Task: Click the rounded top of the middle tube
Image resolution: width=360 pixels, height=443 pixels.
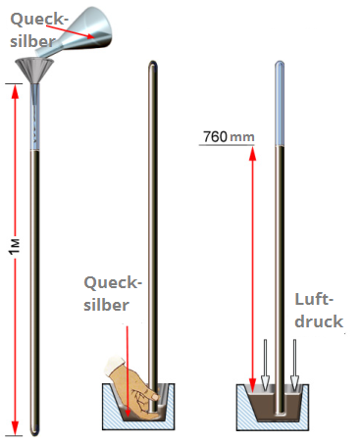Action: click(x=152, y=68)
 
